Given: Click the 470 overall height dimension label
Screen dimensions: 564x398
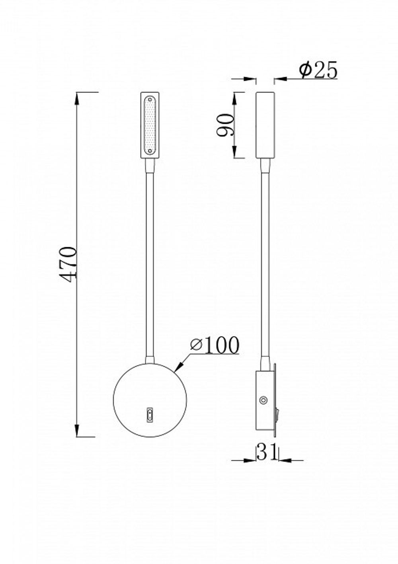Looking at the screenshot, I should (x=68, y=264).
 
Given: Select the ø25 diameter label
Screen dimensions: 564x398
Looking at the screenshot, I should (x=318, y=71).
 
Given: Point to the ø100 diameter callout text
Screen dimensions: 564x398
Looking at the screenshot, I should (x=215, y=345).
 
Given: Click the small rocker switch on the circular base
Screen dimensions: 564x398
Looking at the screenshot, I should (x=150, y=415).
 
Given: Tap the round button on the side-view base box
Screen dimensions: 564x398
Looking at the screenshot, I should (x=263, y=400).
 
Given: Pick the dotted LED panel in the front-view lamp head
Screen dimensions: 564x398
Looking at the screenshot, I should (x=150, y=125).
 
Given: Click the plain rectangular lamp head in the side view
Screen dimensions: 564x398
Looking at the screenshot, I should (x=265, y=125).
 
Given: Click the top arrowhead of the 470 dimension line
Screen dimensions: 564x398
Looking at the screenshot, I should (x=77, y=98).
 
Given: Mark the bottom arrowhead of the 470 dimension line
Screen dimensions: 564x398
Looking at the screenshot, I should (x=77, y=431).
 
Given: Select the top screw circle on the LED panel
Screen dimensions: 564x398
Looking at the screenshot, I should (x=150, y=99).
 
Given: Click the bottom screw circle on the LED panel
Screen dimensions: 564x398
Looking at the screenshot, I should (x=150, y=151).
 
